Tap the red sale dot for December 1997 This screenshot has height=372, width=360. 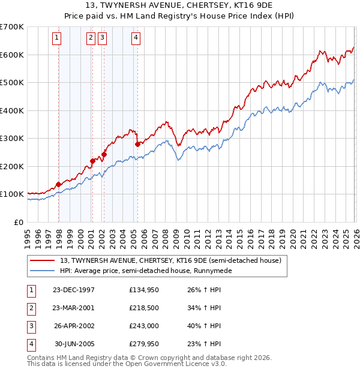pos(59,184)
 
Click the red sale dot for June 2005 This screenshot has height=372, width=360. pos(138,144)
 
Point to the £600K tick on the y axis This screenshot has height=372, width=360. pos(12,55)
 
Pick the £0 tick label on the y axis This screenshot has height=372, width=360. pos(18,222)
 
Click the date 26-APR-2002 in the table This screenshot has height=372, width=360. pos(74,326)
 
